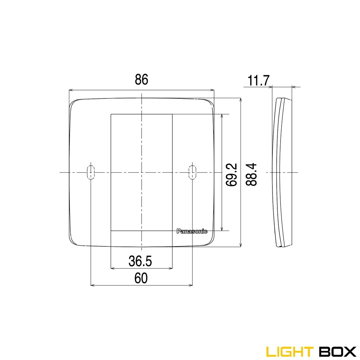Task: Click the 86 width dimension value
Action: point(141,80)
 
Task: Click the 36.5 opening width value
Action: point(140,261)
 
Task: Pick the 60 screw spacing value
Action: point(141,278)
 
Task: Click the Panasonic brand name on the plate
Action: point(192,231)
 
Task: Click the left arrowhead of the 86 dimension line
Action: point(71,90)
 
